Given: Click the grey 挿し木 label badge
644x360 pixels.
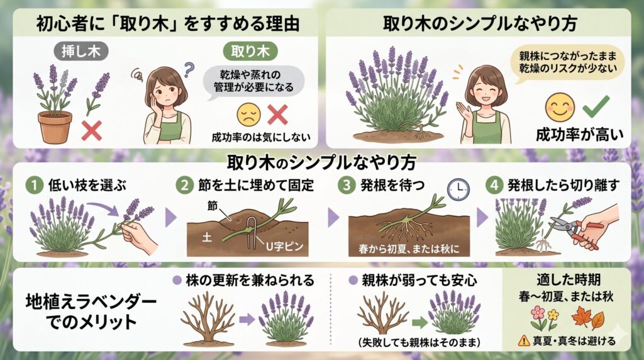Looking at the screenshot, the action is (x=81, y=51).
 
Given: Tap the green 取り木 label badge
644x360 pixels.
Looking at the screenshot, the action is (x=250, y=51).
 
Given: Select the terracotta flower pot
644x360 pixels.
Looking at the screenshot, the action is (x=55, y=127).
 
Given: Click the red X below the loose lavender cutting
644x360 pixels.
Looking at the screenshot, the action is (x=92, y=131).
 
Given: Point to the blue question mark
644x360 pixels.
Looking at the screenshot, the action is (x=189, y=69).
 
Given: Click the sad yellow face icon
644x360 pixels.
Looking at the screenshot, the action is (x=249, y=114).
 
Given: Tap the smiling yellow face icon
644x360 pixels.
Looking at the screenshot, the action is (x=560, y=106).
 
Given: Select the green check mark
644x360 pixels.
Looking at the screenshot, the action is (x=596, y=106).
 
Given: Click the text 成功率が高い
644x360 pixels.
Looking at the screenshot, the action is (x=579, y=135).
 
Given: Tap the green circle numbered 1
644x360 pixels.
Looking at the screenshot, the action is (x=34, y=185).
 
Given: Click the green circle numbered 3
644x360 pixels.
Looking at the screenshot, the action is (x=347, y=185).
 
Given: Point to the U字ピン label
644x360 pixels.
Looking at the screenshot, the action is (x=284, y=246).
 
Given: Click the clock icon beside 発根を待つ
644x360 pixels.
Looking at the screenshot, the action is (x=458, y=189).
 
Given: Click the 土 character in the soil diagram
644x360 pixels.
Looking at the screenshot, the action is (x=207, y=237).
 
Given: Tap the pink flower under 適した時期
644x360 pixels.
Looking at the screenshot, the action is (x=537, y=313).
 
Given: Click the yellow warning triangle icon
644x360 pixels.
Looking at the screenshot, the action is (x=524, y=340).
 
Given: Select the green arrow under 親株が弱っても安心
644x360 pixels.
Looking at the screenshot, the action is (x=419, y=322).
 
